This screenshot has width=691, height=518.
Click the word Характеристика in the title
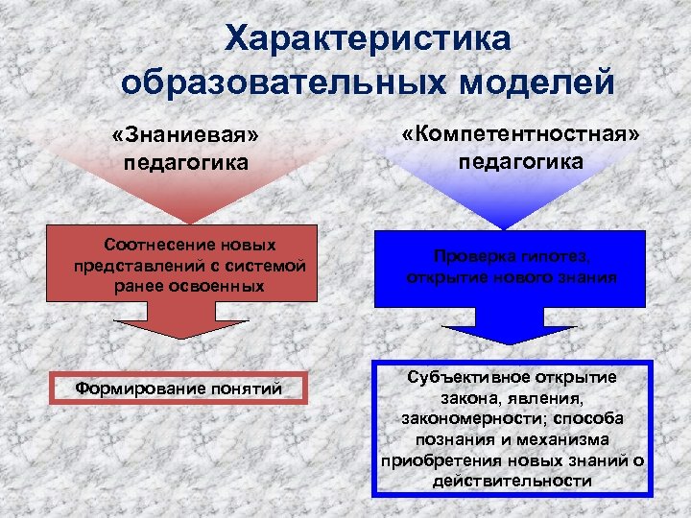click(369, 39)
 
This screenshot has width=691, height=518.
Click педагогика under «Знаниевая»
click(186, 162)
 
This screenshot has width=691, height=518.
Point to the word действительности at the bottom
click(512, 482)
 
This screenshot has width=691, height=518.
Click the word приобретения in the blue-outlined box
click(432, 461)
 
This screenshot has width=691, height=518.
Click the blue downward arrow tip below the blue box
click(511, 341)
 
